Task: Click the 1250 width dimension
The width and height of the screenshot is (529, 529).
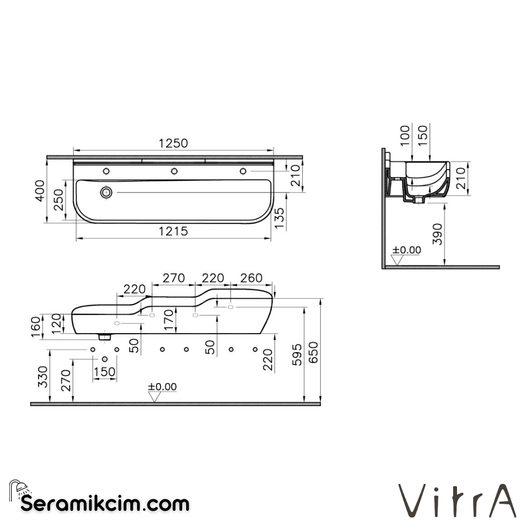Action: (173, 143)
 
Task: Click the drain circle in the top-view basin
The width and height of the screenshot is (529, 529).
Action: (106, 192)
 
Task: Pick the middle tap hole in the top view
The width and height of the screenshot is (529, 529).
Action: (174, 171)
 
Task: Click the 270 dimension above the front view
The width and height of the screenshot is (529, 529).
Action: (173, 278)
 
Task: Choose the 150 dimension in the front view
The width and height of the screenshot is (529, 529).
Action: (104, 372)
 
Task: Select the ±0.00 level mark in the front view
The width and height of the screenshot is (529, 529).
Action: (163, 387)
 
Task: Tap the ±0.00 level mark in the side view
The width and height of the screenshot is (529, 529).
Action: (407, 250)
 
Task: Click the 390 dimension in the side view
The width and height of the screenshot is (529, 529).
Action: (437, 234)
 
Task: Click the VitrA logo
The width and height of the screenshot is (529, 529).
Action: (457, 501)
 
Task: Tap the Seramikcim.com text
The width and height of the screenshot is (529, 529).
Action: (104, 503)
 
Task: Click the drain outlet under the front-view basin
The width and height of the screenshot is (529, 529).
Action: (104, 337)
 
